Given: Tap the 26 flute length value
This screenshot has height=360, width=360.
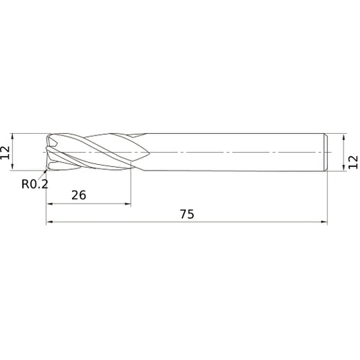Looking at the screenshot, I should [79, 195].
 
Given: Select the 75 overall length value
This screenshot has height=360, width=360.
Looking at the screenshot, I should [186, 214].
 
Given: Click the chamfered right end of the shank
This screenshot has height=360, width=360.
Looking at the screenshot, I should [328, 153].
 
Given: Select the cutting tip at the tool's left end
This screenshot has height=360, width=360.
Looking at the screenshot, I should [48, 153].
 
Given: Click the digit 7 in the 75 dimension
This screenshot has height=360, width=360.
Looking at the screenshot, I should [182, 214].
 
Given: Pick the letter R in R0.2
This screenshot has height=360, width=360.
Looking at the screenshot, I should [24, 184].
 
